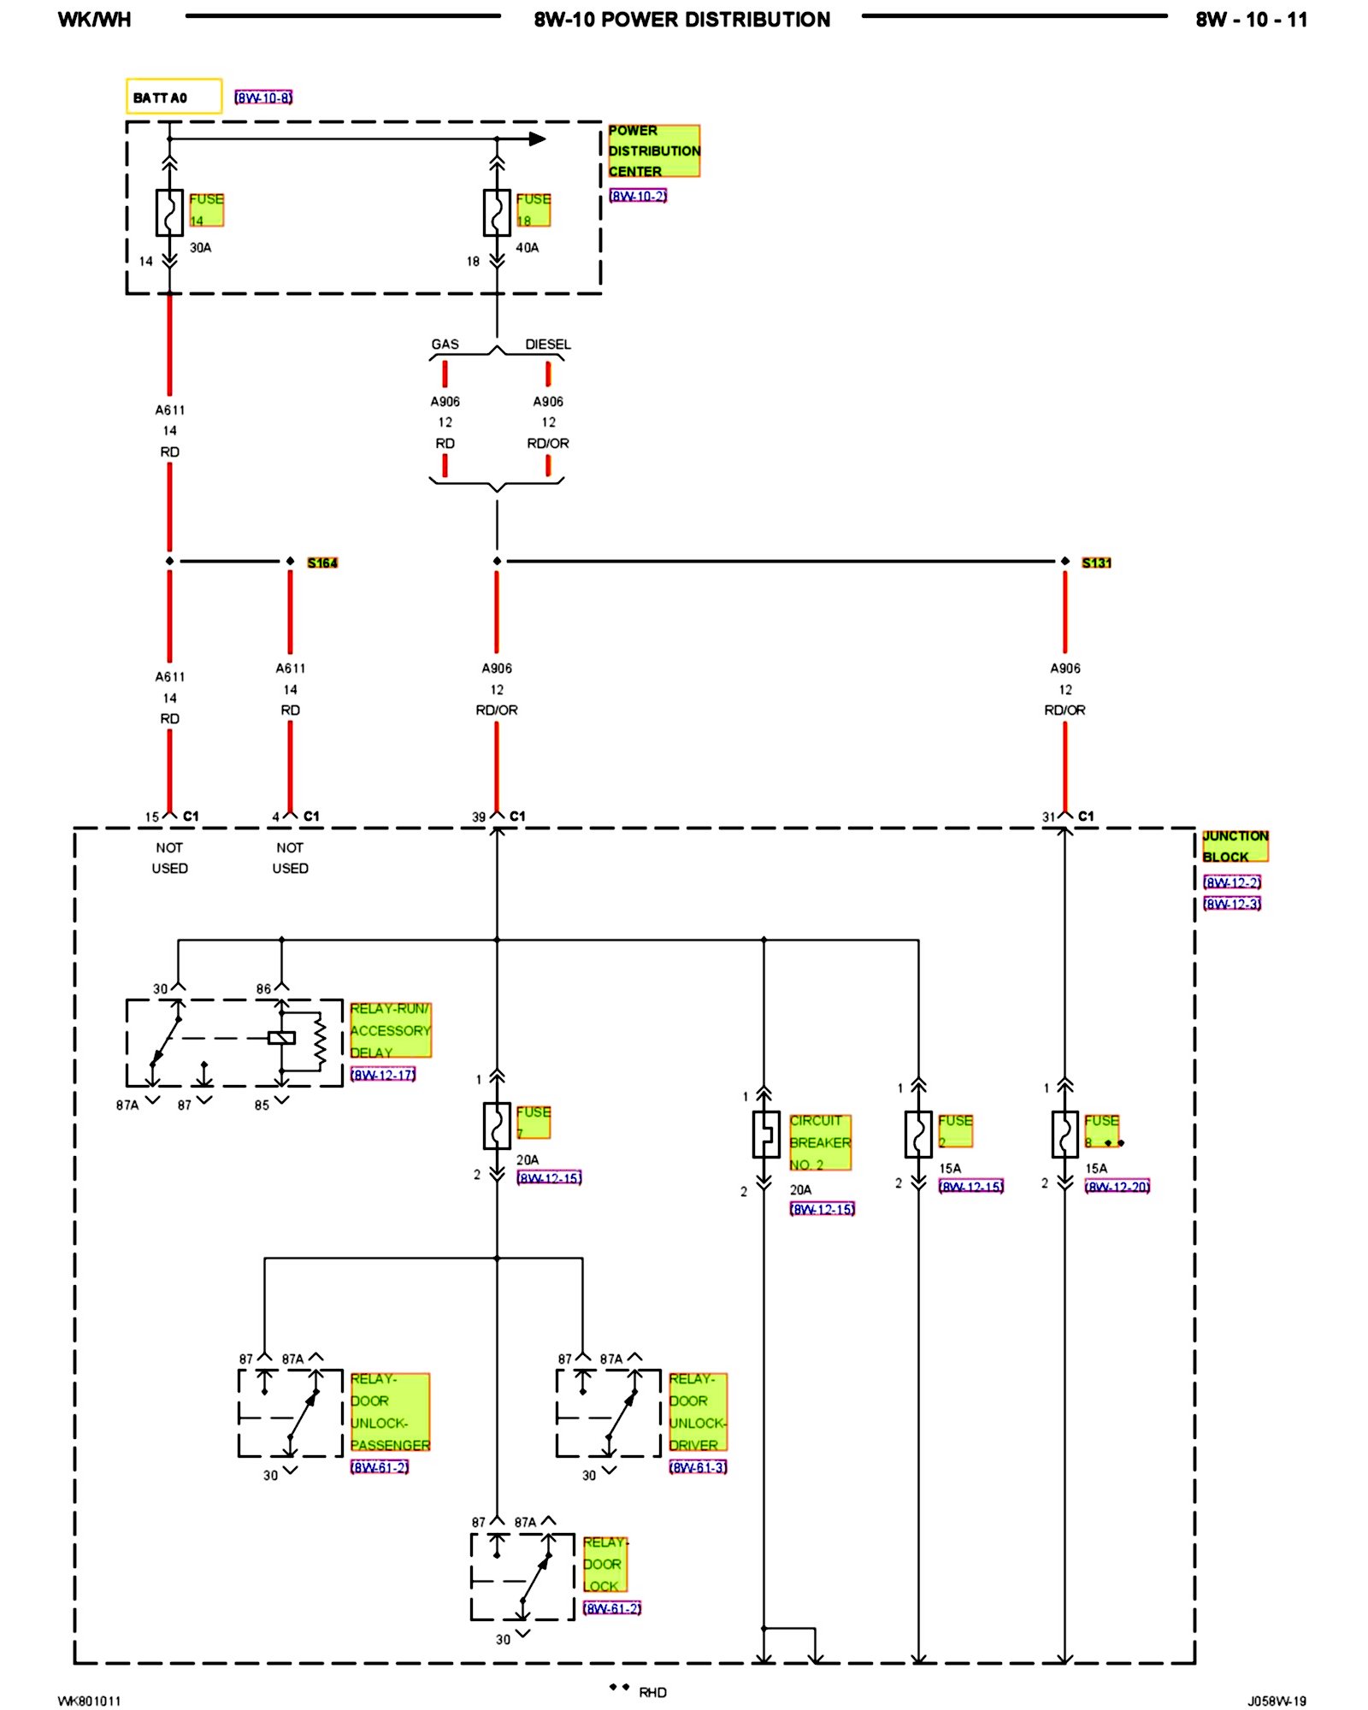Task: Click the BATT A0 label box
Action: (x=174, y=97)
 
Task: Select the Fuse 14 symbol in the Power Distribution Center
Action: (x=169, y=212)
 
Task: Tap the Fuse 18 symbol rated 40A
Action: (x=497, y=212)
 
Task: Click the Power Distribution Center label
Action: (x=653, y=151)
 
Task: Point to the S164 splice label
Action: (x=322, y=563)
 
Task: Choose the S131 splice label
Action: (x=1096, y=563)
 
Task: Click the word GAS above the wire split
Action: (x=445, y=345)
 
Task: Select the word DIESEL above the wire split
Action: (x=548, y=345)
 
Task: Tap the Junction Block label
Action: (x=1235, y=846)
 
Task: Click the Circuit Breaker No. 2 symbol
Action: (x=765, y=1135)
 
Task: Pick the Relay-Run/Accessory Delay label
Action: (x=390, y=1030)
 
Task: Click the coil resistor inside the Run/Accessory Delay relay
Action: (x=320, y=1041)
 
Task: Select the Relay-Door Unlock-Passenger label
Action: (x=390, y=1412)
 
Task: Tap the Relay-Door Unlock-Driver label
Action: (x=698, y=1412)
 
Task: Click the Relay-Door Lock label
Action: (x=604, y=1564)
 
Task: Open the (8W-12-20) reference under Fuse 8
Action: (x=1117, y=1186)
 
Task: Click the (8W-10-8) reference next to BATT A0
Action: (x=263, y=98)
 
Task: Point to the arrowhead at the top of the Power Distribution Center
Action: (x=537, y=139)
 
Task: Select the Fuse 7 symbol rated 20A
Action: (x=497, y=1125)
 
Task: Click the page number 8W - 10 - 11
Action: (x=1251, y=20)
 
